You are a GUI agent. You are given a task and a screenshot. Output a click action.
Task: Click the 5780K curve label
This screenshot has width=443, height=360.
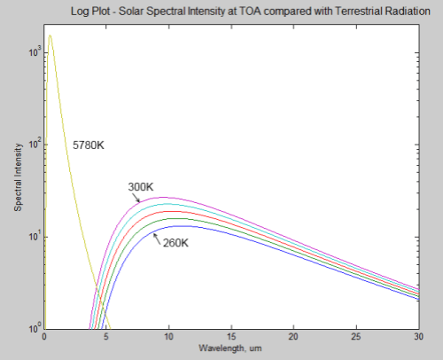88,144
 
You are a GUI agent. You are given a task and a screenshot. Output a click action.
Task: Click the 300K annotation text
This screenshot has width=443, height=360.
142,187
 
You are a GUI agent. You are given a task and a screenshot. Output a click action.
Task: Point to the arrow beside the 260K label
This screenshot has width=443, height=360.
158,236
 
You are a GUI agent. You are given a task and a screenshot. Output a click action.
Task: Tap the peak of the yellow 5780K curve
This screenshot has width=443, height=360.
50,35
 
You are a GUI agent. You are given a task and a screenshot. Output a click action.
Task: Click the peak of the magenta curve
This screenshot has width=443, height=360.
166,197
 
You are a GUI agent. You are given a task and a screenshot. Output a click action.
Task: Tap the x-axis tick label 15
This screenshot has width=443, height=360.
230,337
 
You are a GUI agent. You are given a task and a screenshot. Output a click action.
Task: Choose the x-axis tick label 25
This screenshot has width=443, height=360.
355,337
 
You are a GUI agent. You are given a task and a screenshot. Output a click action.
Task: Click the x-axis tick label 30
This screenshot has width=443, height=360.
417,337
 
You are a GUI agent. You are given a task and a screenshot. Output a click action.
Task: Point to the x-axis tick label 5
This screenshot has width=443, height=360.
106,337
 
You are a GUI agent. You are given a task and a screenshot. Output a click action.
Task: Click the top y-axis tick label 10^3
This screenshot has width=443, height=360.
34,54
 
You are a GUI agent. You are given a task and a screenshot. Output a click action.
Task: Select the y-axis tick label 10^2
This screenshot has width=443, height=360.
34,145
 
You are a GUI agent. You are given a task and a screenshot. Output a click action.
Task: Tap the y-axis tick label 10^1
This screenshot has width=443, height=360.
34,238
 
